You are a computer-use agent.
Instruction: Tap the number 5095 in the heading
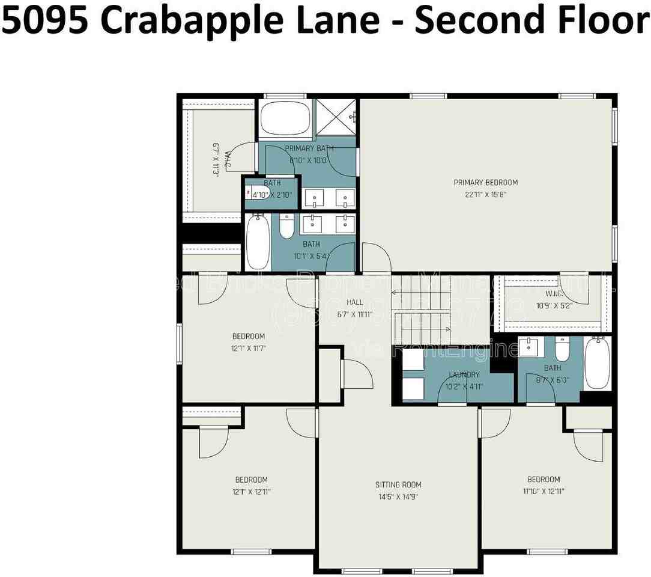tap(49, 20)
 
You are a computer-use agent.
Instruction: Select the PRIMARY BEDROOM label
tap(485, 183)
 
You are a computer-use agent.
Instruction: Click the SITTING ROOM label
tap(398, 485)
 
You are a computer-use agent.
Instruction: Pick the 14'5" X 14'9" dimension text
tap(398, 497)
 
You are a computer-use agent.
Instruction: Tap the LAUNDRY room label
tap(464, 375)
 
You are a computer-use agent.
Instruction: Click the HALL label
tap(355, 302)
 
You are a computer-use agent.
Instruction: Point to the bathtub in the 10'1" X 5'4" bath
tap(258, 242)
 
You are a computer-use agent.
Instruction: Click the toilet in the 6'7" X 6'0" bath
tap(562, 349)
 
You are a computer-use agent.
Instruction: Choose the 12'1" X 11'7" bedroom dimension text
tap(249, 348)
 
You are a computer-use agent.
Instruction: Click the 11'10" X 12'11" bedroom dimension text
tap(544, 491)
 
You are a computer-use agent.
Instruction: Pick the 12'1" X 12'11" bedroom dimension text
tap(251, 492)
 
